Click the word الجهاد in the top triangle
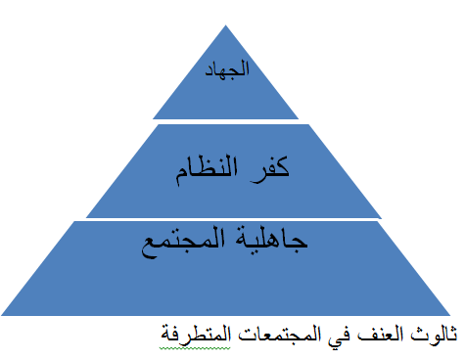pyautogui.click(x=231, y=69)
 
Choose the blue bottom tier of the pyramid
pyautogui.click(x=231, y=284)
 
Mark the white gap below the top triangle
pyautogui.click(x=231, y=120)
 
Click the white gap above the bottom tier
pyautogui.click(x=231, y=220)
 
